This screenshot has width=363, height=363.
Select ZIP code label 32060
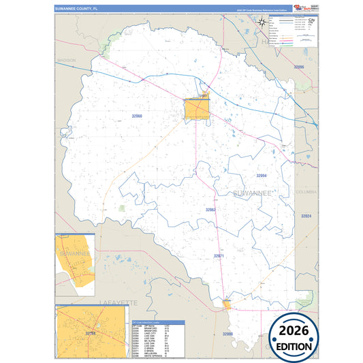tap(137, 116)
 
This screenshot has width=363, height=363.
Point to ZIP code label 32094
tap(261, 176)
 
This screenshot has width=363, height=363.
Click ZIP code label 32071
tap(219, 255)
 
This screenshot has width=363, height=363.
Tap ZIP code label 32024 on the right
tap(306, 215)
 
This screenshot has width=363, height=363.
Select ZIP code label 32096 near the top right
tap(298, 67)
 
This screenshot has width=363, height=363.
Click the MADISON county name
tap(67, 60)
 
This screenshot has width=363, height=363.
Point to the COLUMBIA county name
tap(306, 192)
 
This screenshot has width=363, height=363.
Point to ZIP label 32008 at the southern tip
tap(227, 334)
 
